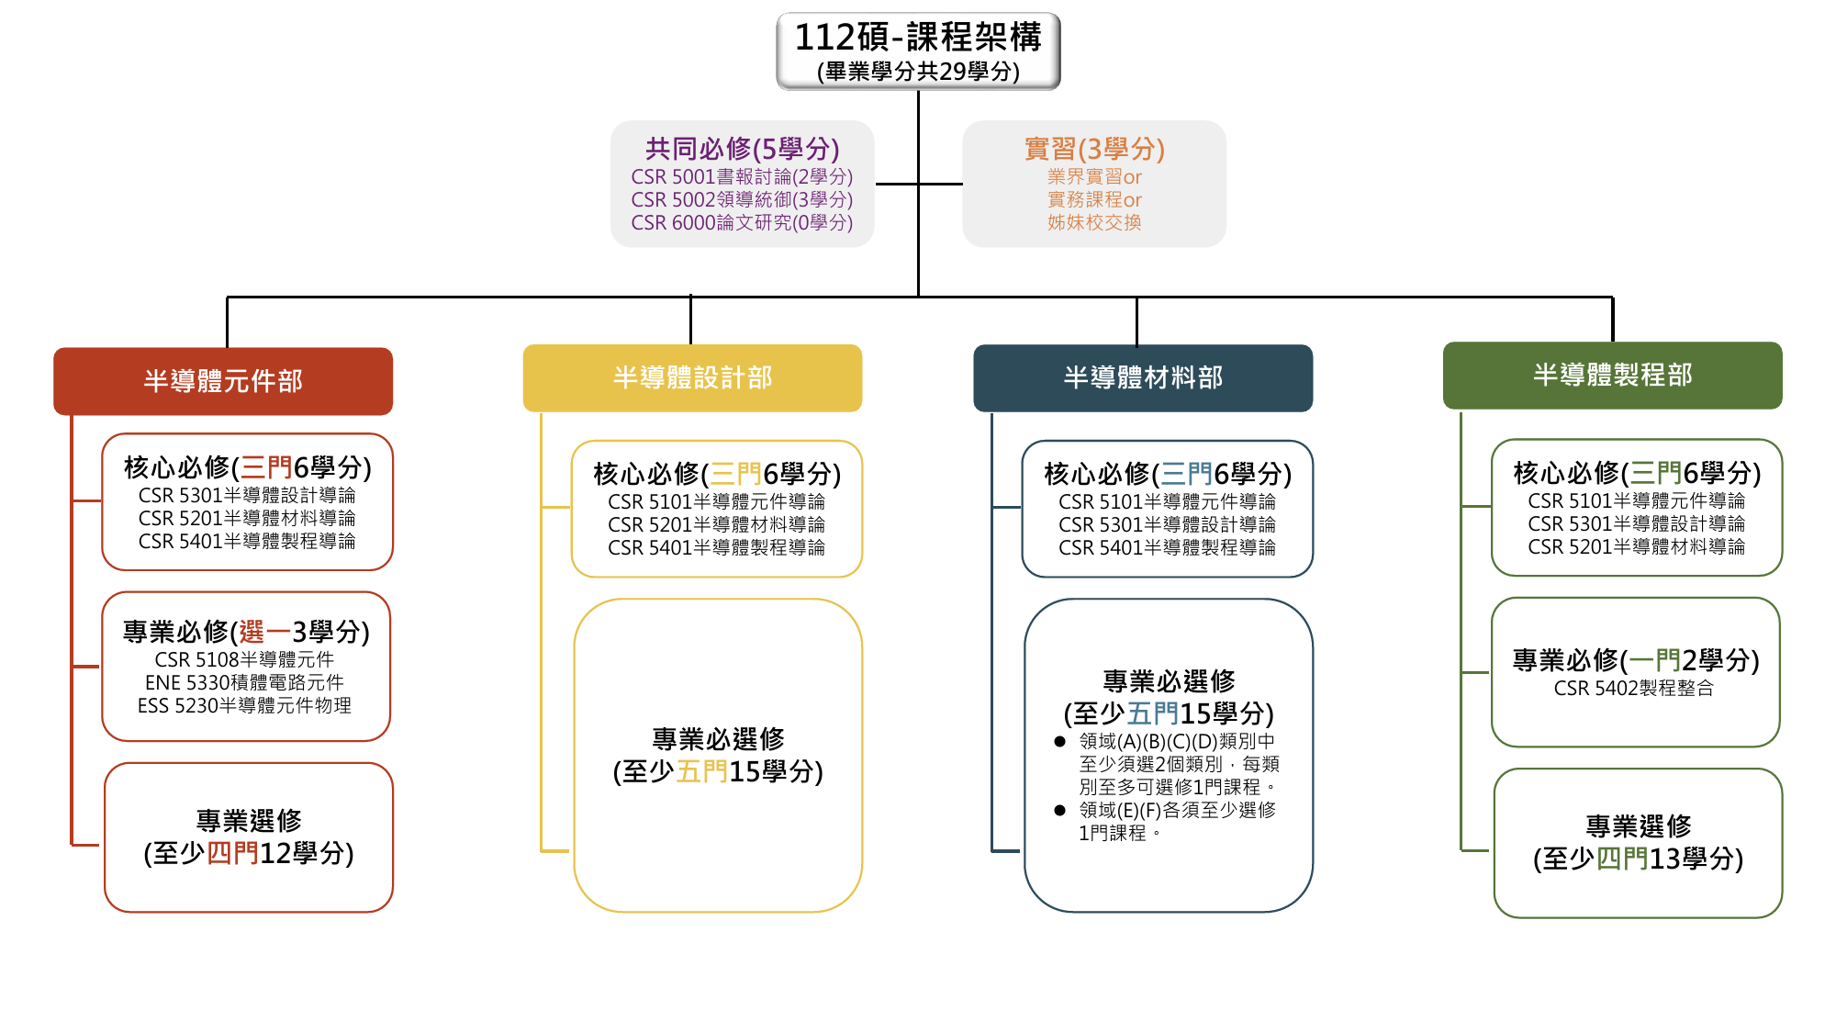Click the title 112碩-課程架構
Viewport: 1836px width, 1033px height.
pyautogui.click(x=918, y=38)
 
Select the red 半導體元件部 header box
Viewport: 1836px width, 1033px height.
pyautogui.click(x=223, y=381)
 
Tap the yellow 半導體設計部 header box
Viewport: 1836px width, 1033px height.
pyautogui.click(x=692, y=377)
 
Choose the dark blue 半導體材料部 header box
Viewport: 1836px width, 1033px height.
pyautogui.click(x=1143, y=377)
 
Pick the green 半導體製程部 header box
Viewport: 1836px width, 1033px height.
pyautogui.click(x=1613, y=375)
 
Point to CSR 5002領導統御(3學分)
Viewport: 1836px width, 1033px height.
pyautogui.click(x=742, y=199)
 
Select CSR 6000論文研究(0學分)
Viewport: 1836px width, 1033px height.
pyautogui.click(x=742, y=222)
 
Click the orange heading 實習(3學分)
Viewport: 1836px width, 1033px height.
pyautogui.click(x=1094, y=149)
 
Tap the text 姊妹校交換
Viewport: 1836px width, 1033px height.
pyautogui.click(x=1094, y=222)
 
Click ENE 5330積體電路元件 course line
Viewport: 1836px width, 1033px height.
pyautogui.click(x=244, y=682)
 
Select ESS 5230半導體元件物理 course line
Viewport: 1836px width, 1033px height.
pyautogui.click(x=244, y=705)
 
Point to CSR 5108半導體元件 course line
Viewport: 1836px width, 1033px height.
pyautogui.click(x=244, y=659)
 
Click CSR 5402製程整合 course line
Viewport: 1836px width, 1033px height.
pyautogui.click(x=1633, y=688)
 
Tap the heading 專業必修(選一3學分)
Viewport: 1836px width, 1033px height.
pyautogui.click(x=246, y=632)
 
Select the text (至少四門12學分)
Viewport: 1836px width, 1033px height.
pyautogui.click(x=249, y=853)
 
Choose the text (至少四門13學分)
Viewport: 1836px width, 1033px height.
pyautogui.click(x=1638, y=859)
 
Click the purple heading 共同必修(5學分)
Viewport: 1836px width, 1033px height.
pyautogui.click(x=742, y=149)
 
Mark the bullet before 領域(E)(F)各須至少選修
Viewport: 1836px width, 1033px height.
pyautogui.click(x=1059, y=810)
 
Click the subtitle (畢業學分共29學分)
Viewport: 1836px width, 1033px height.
pyautogui.click(x=918, y=72)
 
